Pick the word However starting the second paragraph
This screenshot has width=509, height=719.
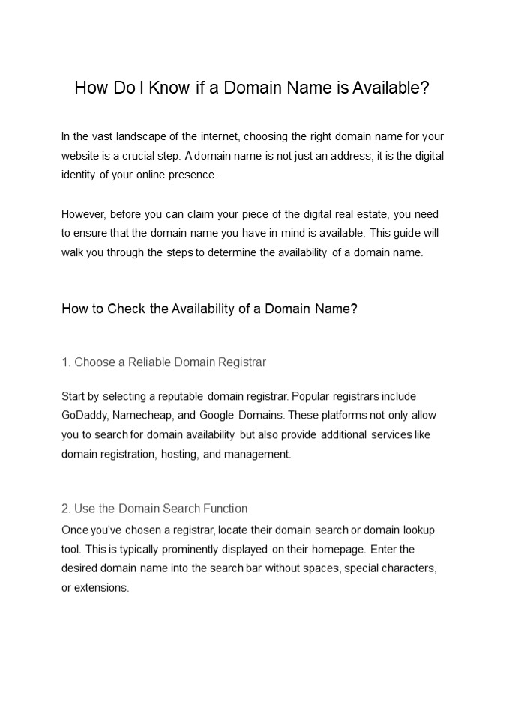click(83, 213)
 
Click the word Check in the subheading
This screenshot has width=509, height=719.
click(126, 309)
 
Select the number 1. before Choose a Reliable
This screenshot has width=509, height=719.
click(66, 362)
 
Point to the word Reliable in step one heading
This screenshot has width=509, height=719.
click(149, 362)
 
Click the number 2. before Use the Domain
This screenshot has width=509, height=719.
click(66, 509)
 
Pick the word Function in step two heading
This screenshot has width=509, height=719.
click(225, 509)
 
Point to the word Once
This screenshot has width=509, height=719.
click(74, 530)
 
